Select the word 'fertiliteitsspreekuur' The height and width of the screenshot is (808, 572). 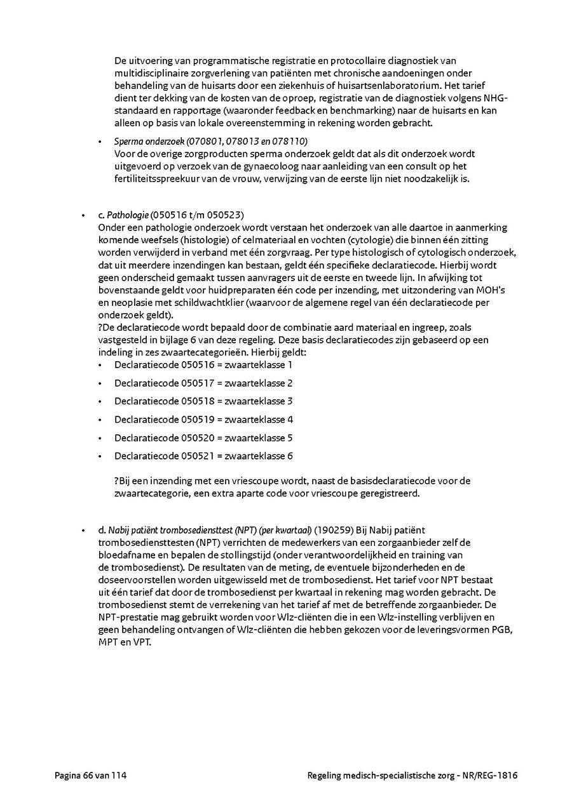(x=158, y=179)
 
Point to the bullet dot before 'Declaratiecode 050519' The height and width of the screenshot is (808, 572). (x=100, y=420)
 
